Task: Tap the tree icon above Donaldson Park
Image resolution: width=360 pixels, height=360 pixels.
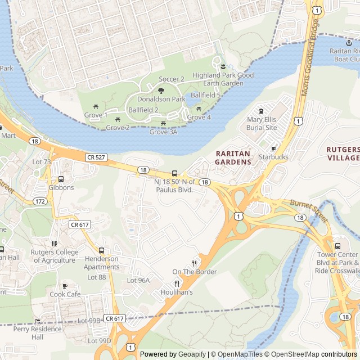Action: pos(161,90)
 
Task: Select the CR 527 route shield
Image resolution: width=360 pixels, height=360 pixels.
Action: pos(96,157)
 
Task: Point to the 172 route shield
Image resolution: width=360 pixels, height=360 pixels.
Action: pos(39,201)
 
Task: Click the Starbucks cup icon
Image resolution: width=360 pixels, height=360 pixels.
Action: pos(273,148)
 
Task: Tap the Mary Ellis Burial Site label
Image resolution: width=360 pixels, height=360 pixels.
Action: pos(262,123)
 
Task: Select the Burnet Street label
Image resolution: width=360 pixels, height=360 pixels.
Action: pos(308,210)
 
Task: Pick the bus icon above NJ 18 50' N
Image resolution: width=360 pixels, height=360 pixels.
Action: pos(174,173)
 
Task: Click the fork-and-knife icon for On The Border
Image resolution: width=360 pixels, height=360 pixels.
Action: pos(195,263)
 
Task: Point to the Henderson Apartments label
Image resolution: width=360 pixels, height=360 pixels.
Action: pos(102,263)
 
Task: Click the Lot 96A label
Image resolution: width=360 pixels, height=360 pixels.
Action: pos(138,280)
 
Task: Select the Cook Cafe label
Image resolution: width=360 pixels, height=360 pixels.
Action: pos(65,294)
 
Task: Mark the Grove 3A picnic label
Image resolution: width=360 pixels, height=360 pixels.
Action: pos(163,132)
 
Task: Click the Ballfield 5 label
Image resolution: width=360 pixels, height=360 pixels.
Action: pos(205,95)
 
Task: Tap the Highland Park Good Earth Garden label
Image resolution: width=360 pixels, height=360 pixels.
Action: pos(223,79)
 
